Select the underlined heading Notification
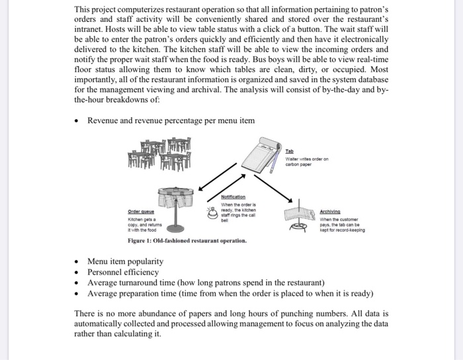(x=236, y=197)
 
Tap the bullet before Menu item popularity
(x=79, y=262)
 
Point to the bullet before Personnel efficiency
(x=79, y=272)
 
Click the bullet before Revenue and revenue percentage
(x=79, y=120)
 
